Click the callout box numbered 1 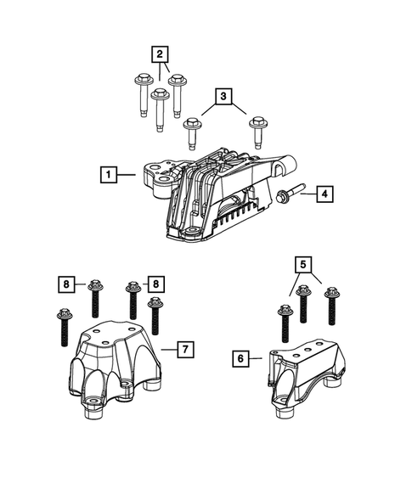[x=108, y=175]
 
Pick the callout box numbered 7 [x=184, y=349]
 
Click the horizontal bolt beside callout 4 [x=290, y=194]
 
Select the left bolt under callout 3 [x=194, y=132]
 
